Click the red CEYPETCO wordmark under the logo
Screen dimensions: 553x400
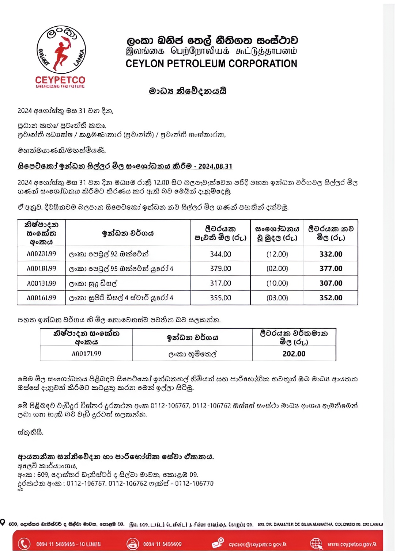click(60, 80)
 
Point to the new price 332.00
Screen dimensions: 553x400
click(331, 254)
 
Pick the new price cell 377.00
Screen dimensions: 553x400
click(331, 268)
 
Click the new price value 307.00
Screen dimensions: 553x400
click(331, 283)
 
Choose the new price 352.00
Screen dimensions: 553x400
click(331, 298)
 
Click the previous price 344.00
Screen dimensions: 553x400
click(220, 254)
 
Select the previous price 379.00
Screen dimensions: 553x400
click(220, 268)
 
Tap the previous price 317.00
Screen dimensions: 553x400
click(220, 283)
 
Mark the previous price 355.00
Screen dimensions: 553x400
click(220, 298)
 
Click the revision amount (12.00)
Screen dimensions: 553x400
click(277, 254)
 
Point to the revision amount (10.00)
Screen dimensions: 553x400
click(277, 283)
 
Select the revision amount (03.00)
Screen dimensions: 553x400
click(277, 298)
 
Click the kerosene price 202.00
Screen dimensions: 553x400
click(294, 354)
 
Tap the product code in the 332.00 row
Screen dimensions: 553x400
click(41, 253)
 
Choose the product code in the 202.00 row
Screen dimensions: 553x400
click(86, 354)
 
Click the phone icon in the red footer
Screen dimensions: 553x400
click(24, 544)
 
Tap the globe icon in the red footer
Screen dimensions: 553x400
click(316, 544)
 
